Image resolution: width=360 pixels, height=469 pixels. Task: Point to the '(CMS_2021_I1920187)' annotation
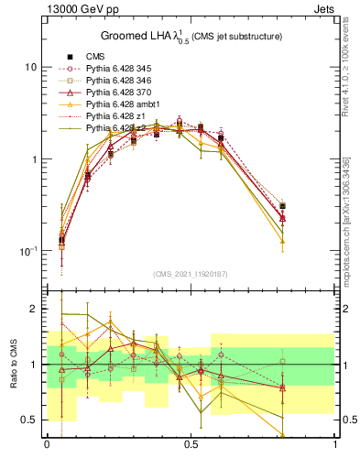191,273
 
